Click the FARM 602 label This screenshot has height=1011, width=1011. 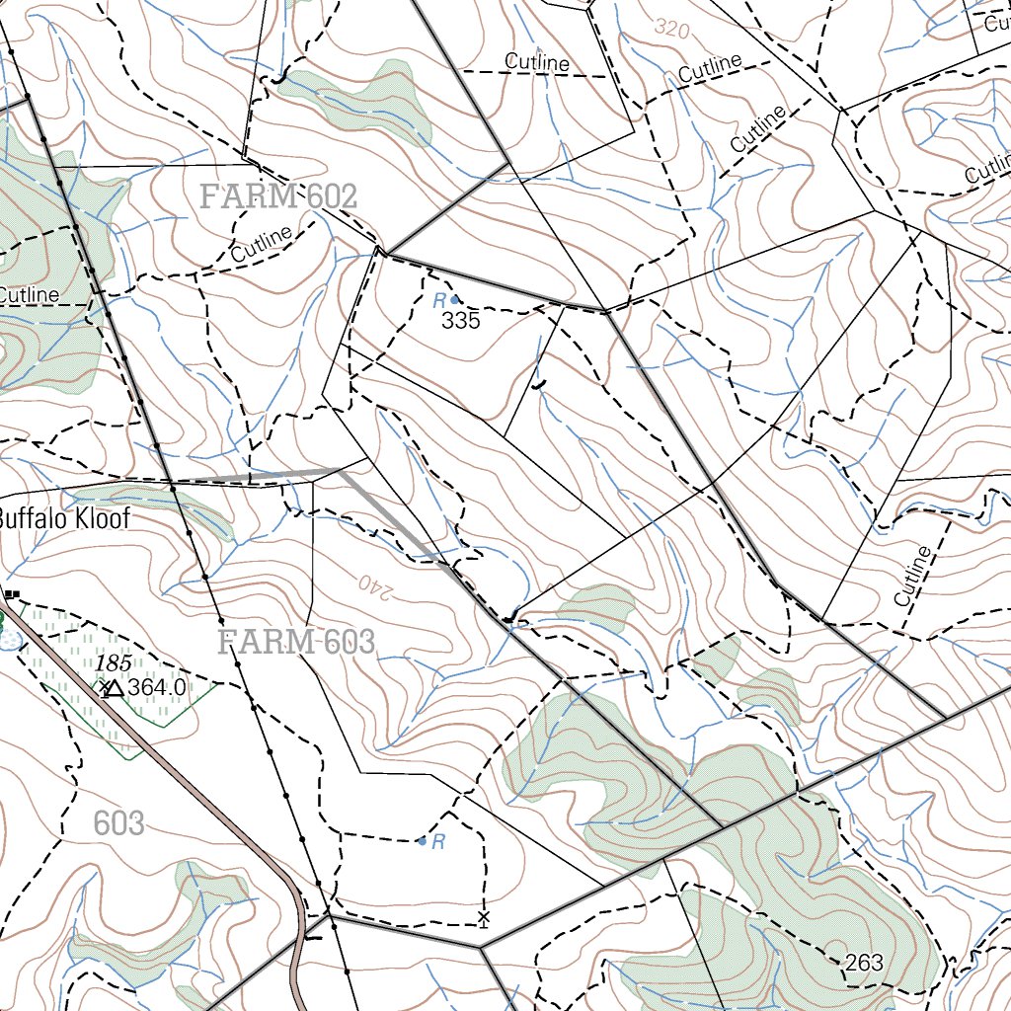(277, 196)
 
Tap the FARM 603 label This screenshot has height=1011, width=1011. (295, 643)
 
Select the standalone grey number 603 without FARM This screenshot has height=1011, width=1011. (118, 822)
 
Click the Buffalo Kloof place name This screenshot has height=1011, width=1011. (63, 518)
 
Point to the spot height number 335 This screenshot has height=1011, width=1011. (460, 321)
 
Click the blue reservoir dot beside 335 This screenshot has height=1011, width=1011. (454, 299)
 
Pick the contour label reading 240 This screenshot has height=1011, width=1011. (375, 583)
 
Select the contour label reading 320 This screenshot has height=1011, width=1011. (671, 29)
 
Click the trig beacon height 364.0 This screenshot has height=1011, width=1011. (157, 687)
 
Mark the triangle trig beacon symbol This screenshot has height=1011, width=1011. (115, 687)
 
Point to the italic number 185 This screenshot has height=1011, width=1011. (113, 662)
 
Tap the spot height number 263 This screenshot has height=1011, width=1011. (864, 963)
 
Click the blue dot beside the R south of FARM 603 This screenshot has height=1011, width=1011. (422, 841)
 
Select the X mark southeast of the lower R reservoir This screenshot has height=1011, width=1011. (483, 918)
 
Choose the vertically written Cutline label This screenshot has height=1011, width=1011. (913, 576)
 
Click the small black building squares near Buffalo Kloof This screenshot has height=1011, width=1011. (12, 593)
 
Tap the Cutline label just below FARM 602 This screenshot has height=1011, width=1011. (262, 244)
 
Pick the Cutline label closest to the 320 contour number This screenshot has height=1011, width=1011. (709, 69)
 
